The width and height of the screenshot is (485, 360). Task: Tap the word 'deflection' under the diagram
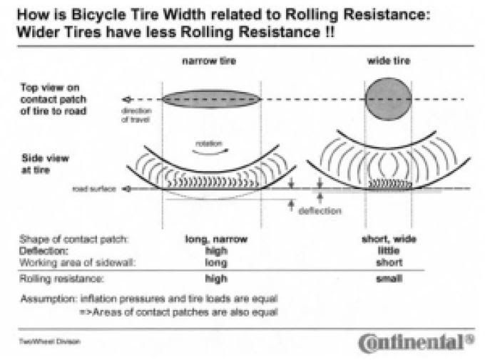click(x=320, y=211)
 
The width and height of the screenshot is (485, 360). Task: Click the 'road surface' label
click(x=93, y=189)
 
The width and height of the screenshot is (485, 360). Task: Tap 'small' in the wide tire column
click(x=389, y=279)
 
